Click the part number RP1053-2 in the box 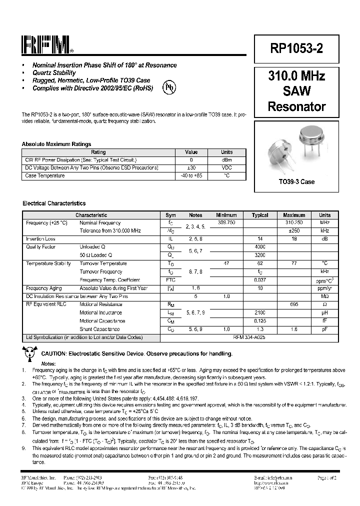click(296, 48)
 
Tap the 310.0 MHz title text click(296, 76)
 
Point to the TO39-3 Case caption click(296, 182)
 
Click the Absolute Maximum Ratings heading click(56, 144)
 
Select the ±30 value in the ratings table click(191, 168)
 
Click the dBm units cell click(226, 160)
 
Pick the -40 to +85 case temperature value click(191, 176)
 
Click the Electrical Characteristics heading click(54, 203)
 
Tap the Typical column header click(260, 215)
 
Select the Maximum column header click(294, 215)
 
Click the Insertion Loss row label click(40, 239)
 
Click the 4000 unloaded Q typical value click(260, 247)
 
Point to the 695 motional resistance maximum click(294, 304)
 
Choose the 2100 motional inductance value click(260, 312)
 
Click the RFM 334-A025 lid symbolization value click(259, 337)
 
